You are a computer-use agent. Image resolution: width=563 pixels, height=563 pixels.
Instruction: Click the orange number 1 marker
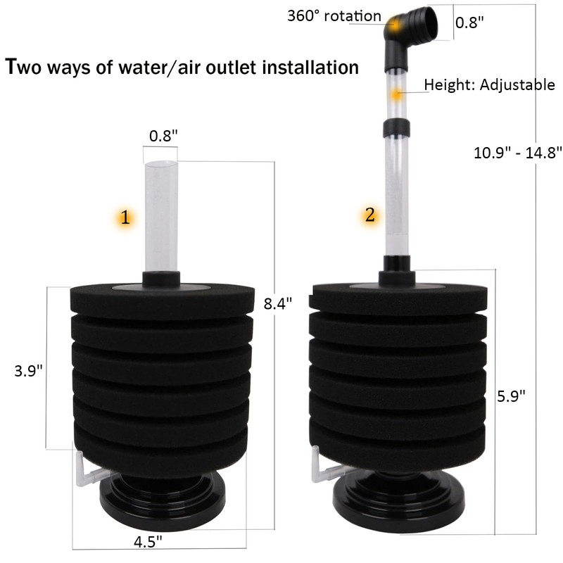click(125, 218)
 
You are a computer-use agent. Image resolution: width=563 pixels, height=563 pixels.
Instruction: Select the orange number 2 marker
click(369, 215)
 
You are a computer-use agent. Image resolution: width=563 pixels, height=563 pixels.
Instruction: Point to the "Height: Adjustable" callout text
click(490, 86)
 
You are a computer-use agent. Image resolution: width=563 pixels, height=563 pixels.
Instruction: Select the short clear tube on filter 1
click(160, 215)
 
